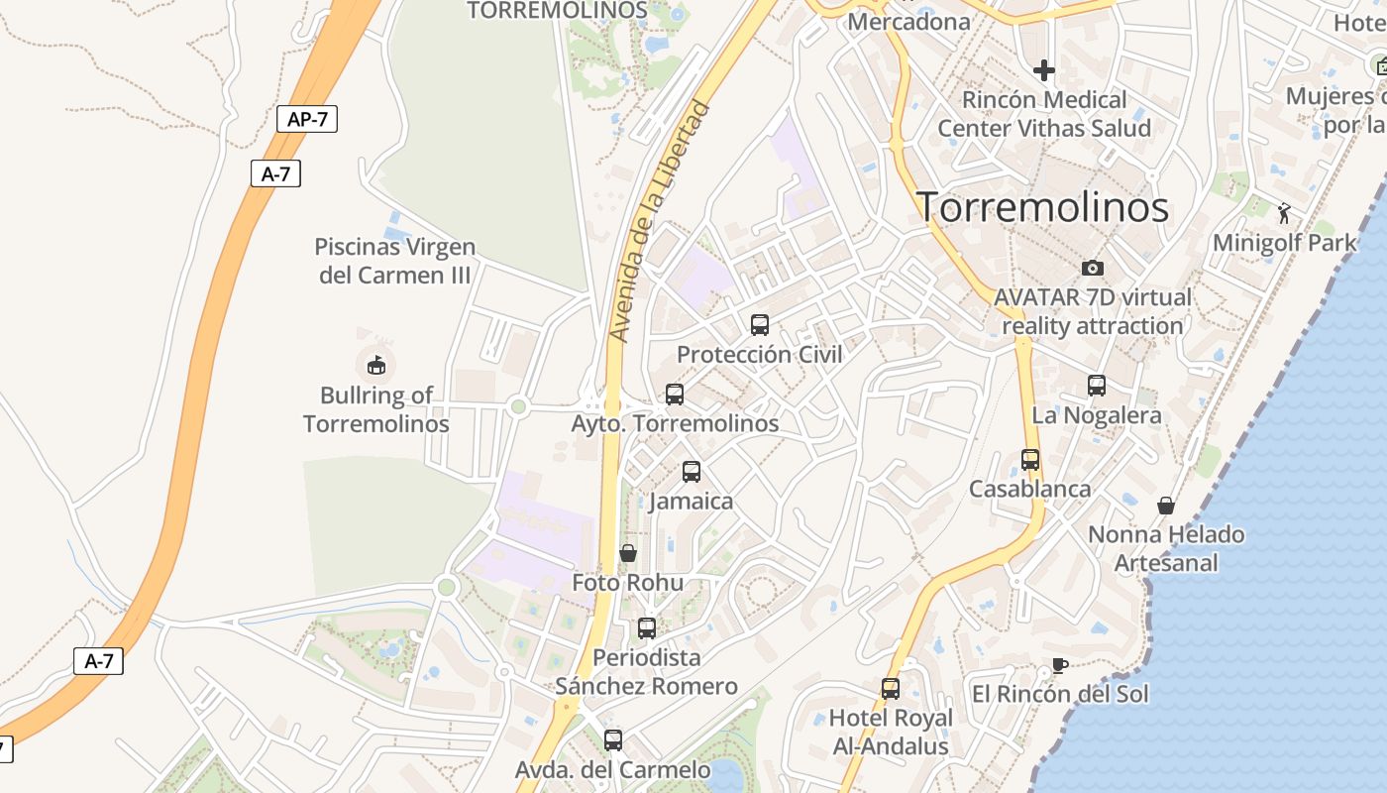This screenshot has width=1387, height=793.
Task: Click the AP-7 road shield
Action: (x=307, y=119)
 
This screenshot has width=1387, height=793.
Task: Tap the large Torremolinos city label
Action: (x=1042, y=207)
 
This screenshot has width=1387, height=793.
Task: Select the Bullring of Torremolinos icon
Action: (x=375, y=366)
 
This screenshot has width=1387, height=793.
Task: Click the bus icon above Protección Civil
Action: (x=760, y=324)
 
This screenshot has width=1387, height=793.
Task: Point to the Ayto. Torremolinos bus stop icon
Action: (x=675, y=394)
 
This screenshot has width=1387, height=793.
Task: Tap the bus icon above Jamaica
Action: (x=692, y=471)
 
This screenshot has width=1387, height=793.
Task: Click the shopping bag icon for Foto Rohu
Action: (x=628, y=552)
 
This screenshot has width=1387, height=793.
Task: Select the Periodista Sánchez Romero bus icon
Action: (x=647, y=627)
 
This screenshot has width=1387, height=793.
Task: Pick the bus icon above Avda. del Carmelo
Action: (x=613, y=739)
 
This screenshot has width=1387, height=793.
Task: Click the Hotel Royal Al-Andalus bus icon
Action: (x=891, y=688)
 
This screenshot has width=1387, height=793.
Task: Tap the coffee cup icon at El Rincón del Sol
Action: (x=1060, y=665)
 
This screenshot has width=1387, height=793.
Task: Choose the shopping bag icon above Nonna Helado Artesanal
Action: (x=1166, y=506)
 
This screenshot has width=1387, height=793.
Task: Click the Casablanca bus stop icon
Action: (x=1030, y=459)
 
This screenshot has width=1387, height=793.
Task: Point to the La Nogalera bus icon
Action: (x=1097, y=386)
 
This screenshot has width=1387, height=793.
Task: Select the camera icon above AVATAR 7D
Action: (x=1093, y=268)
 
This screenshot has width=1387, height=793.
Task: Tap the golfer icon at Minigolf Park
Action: (x=1285, y=212)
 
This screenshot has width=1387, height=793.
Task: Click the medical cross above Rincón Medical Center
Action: (x=1044, y=70)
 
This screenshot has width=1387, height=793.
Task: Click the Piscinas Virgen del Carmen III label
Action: (x=395, y=261)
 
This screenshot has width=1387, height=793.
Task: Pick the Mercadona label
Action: (x=909, y=21)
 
